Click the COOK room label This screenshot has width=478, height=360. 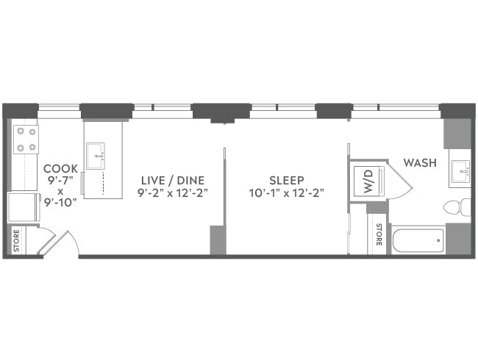point(60,168)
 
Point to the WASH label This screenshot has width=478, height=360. point(420,162)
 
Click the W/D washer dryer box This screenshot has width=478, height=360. point(365,181)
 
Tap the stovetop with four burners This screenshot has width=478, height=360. point(26,140)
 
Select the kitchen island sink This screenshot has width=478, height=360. point(95,156)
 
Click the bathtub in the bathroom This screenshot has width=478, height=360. point(418,240)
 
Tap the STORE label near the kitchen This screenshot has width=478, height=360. point(16,241)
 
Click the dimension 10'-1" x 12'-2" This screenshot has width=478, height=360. point(286,193)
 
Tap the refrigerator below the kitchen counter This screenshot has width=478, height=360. point(21,207)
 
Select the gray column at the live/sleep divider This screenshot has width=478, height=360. point(218,240)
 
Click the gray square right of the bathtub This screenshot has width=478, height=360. point(458,239)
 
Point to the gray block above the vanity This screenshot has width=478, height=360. point(457,133)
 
